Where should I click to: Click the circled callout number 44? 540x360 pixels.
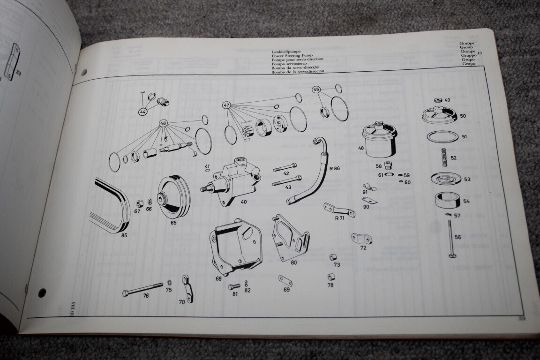coord(142,112)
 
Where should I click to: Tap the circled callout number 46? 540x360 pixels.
coord(163,124)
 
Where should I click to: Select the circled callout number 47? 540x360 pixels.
coord(227,105)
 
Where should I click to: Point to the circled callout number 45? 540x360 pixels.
coord(316,90)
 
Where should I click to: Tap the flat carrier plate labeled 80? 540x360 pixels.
coord(291,239)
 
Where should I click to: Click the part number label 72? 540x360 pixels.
coord(363,248)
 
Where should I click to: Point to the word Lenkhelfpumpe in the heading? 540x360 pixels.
coord(286,52)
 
